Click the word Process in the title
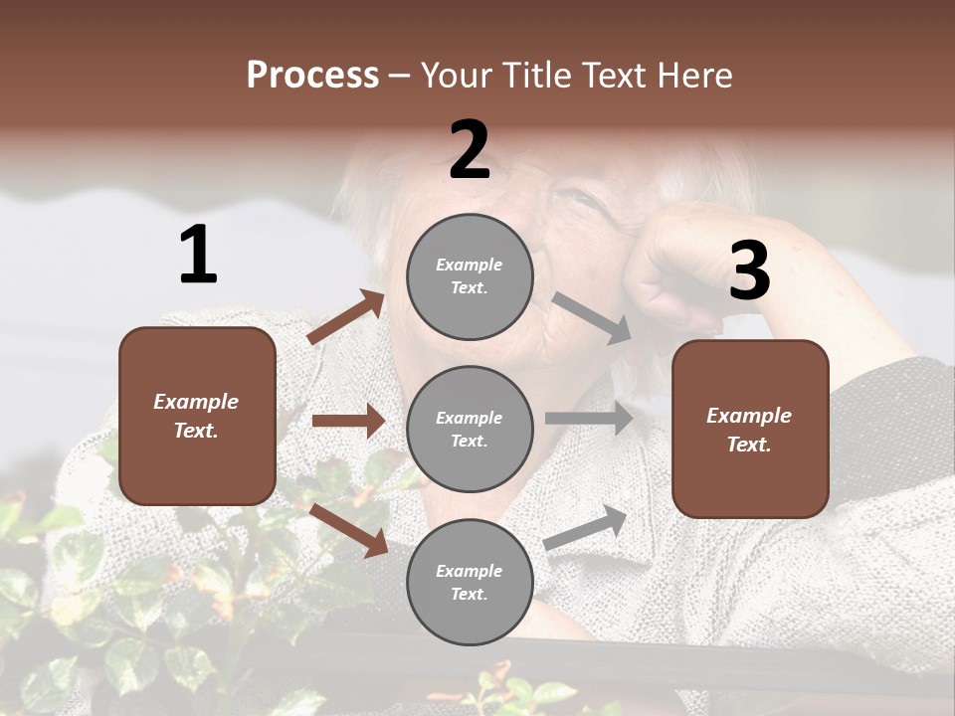click(x=312, y=76)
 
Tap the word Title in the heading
click(x=529, y=76)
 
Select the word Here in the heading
click(x=692, y=76)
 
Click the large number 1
click(x=198, y=256)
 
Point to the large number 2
click(x=470, y=150)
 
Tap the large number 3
click(x=749, y=271)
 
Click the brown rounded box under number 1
click(x=197, y=416)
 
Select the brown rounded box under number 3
click(x=750, y=430)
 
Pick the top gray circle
click(x=470, y=276)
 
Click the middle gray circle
click(x=470, y=429)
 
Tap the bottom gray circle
click(x=470, y=582)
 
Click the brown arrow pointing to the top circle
click(x=346, y=317)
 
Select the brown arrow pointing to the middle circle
click(x=348, y=421)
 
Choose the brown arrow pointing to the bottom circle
click(x=349, y=529)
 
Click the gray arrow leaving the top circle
click(x=592, y=318)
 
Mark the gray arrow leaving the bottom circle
click(x=586, y=527)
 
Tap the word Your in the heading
click(x=455, y=76)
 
